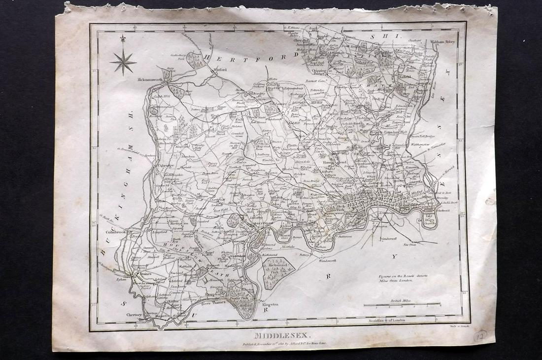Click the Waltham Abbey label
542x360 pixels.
(443, 42)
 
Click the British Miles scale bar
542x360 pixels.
(402, 304)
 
